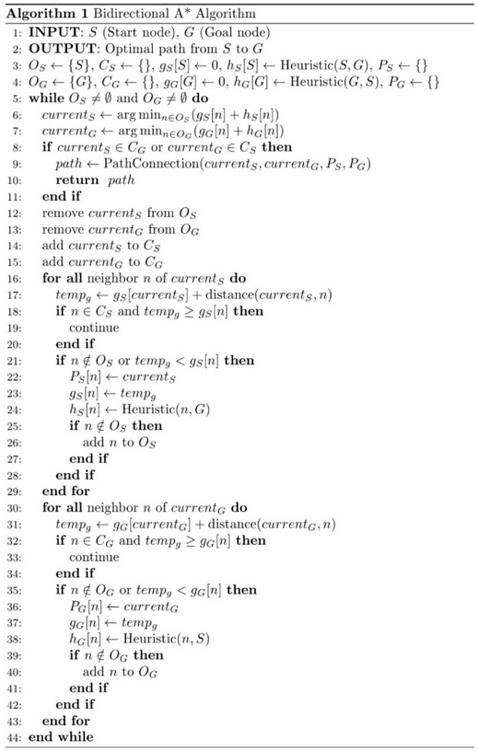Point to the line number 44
click(x=11, y=738)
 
